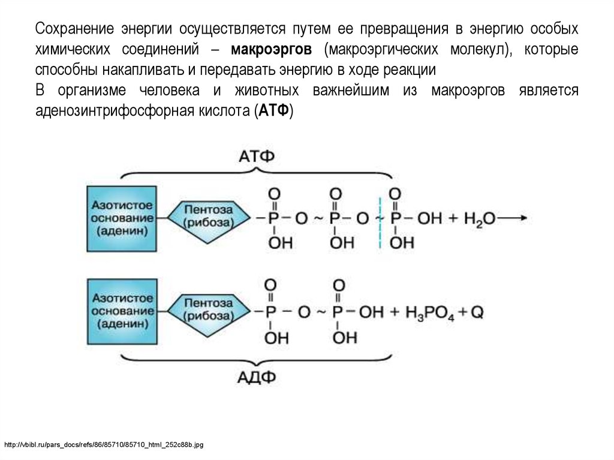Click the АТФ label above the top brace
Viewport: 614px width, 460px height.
(x=257, y=157)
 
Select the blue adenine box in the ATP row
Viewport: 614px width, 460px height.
(x=122, y=218)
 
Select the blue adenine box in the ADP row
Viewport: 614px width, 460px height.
(x=122, y=311)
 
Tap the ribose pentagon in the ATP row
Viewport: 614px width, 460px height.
(x=209, y=218)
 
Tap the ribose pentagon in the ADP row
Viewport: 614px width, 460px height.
(x=209, y=311)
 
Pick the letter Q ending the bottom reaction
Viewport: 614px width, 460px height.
(x=477, y=312)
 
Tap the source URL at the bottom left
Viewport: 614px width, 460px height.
(x=104, y=445)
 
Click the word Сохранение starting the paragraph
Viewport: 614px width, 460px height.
(x=74, y=29)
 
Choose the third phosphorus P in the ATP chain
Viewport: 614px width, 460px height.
(x=395, y=219)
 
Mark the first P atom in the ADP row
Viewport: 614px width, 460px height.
(x=272, y=312)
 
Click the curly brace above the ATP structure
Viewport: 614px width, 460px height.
(x=257, y=174)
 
